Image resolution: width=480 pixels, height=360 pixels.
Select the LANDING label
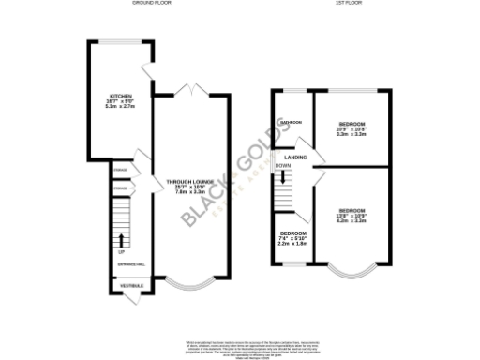300,157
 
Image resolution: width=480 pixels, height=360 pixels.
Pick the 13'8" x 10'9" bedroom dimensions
352,217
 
